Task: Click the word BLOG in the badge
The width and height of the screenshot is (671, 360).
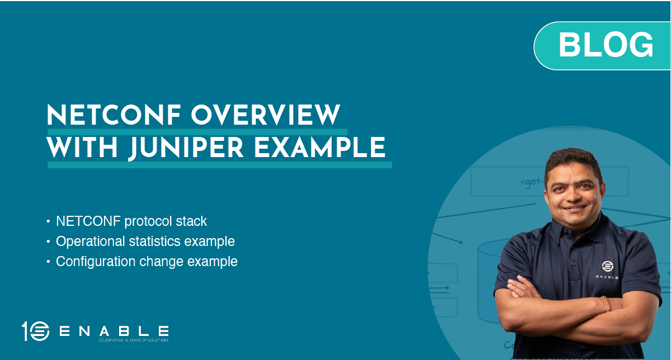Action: pyautogui.click(x=606, y=45)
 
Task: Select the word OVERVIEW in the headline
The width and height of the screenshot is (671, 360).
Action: pyautogui.click(x=266, y=116)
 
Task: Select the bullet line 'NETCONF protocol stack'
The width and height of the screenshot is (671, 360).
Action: pyautogui.click(x=131, y=221)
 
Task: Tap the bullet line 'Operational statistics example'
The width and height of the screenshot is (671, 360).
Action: pyautogui.click(x=145, y=241)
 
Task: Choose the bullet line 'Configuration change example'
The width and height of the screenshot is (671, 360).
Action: pyautogui.click(x=147, y=261)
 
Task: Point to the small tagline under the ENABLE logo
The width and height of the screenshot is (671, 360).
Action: pyautogui.click(x=133, y=340)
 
